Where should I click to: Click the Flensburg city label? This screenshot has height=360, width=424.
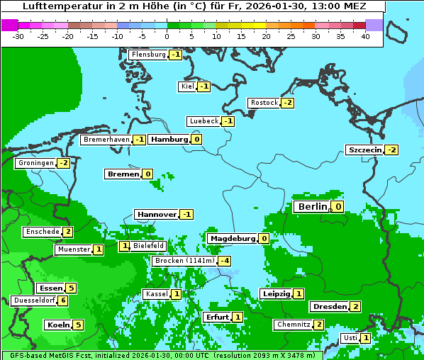pyautogui.click(x=148, y=55)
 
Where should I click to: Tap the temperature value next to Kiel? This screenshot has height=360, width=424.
pyautogui.click(x=204, y=86)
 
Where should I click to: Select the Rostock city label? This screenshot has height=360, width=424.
pyautogui.click(x=264, y=103)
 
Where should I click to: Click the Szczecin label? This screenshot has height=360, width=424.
pyautogui.click(x=364, y=150)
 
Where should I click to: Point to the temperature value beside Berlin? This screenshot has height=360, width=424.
pyautogui.click(x=338, y=207)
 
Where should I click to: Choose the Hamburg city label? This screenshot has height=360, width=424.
pyautogui.click(x=168, y=139)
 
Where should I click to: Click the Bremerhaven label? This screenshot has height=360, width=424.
pyautogui.click(x=106, y=140)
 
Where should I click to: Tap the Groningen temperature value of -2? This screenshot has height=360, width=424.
pyautogui.click(x=64, y=163)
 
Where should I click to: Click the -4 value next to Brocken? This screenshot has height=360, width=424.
pyautogui.click(x=225, y=261)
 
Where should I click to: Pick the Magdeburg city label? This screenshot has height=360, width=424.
pyautogui.click(x=232, y=238)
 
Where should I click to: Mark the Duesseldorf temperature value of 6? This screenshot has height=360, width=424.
pyautogui.click(x=64, y=300)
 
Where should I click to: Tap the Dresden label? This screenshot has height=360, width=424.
pyautogui.click(x=329, y=307)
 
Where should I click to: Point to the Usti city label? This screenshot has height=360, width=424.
pyautogui.click(x=350, y=338)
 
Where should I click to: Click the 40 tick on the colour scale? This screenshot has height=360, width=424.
pyautogui.click(x=365, y=36)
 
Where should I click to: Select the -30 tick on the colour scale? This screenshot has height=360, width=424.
pyautogui.click(x=18, y=36)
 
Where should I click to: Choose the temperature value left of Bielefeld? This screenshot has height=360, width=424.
pyautogui.click(x=124, y=246)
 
